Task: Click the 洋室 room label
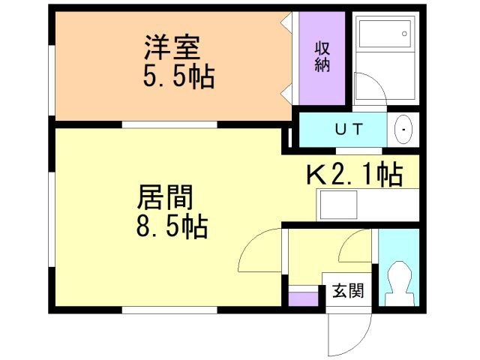172,48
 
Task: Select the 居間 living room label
165,197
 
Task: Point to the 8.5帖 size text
172,227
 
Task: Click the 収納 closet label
322,57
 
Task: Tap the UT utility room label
349,129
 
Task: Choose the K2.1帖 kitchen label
355,174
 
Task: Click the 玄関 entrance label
348,290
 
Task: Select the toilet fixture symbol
399,283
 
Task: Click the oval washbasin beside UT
403,130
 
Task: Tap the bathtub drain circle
404,34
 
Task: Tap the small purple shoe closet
304,299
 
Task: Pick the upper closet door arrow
286,23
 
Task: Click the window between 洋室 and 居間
169,124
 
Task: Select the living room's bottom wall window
169,310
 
